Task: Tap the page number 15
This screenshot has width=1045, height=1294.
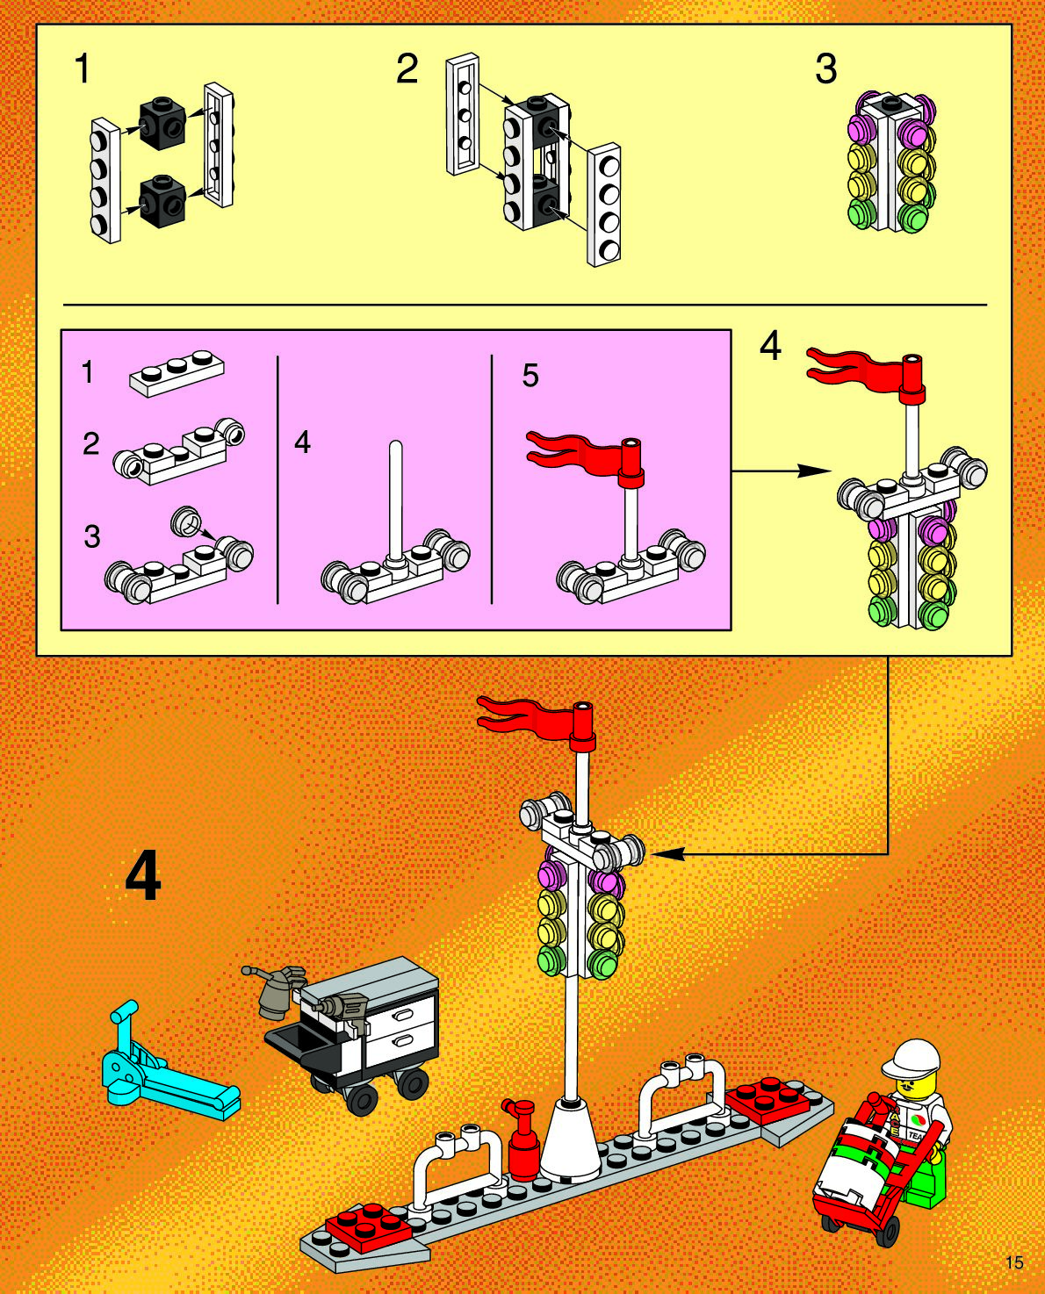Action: pos(1014,1262)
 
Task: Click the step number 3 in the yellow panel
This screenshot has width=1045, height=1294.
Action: pos(825,68)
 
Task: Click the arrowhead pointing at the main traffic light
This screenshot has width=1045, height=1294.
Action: pos(663,852)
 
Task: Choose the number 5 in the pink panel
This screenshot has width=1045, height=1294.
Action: pos(530,376)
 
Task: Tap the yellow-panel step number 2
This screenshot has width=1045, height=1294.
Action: pos(407,68)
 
